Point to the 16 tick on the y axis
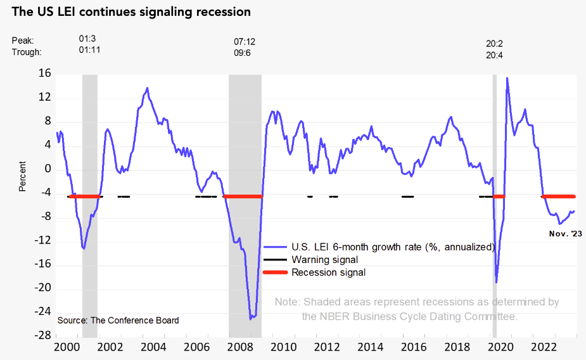coord(44,74)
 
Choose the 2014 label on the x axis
coord(370,347)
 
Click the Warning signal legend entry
coord(324,260)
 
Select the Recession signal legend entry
coord(328,273)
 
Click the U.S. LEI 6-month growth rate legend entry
coord(392,247)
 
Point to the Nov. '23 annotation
coord(565,234)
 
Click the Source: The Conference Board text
coord(118,320)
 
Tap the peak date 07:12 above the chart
coord(245,41)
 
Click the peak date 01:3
coord(87,39)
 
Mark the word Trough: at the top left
coord(27,52)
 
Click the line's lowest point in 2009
coord(250,318)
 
